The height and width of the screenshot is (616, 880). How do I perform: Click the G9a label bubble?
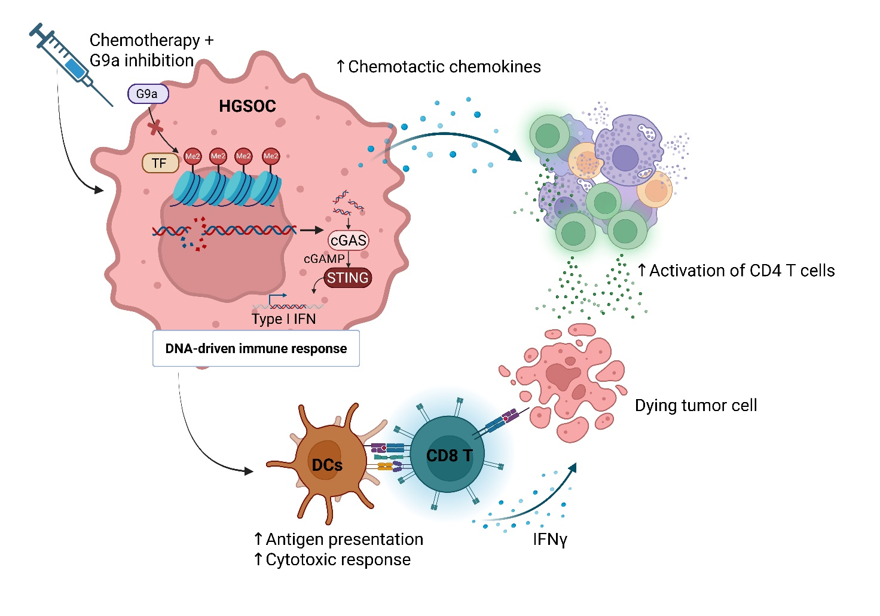point(148,94)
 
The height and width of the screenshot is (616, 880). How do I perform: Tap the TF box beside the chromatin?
point(160,163)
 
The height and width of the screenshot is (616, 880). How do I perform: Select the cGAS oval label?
point(348,240)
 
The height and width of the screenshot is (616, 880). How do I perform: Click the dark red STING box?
point(347,278)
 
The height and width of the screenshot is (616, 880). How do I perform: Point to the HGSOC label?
point(247,106)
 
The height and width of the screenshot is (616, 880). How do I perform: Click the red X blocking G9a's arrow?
point(155,127)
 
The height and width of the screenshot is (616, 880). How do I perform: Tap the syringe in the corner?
point(66,60)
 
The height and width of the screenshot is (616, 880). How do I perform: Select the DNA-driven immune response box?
point(256,348)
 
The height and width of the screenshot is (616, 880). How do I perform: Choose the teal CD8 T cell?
point(448,455)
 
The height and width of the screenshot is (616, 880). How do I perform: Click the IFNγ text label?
point(549,540)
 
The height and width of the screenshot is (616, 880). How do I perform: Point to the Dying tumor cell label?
point(695,406)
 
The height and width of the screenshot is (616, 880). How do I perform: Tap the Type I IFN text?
point(283,319)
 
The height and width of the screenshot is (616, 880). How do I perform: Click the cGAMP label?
point(324,259)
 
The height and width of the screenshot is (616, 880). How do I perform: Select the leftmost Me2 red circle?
point(192,157)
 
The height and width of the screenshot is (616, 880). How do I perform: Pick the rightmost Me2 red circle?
point(271,157)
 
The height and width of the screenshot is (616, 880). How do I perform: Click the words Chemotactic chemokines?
point(444,67)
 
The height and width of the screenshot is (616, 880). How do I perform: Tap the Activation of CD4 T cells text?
point(741,271)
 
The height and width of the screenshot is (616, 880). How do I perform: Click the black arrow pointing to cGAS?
point(311,230)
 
